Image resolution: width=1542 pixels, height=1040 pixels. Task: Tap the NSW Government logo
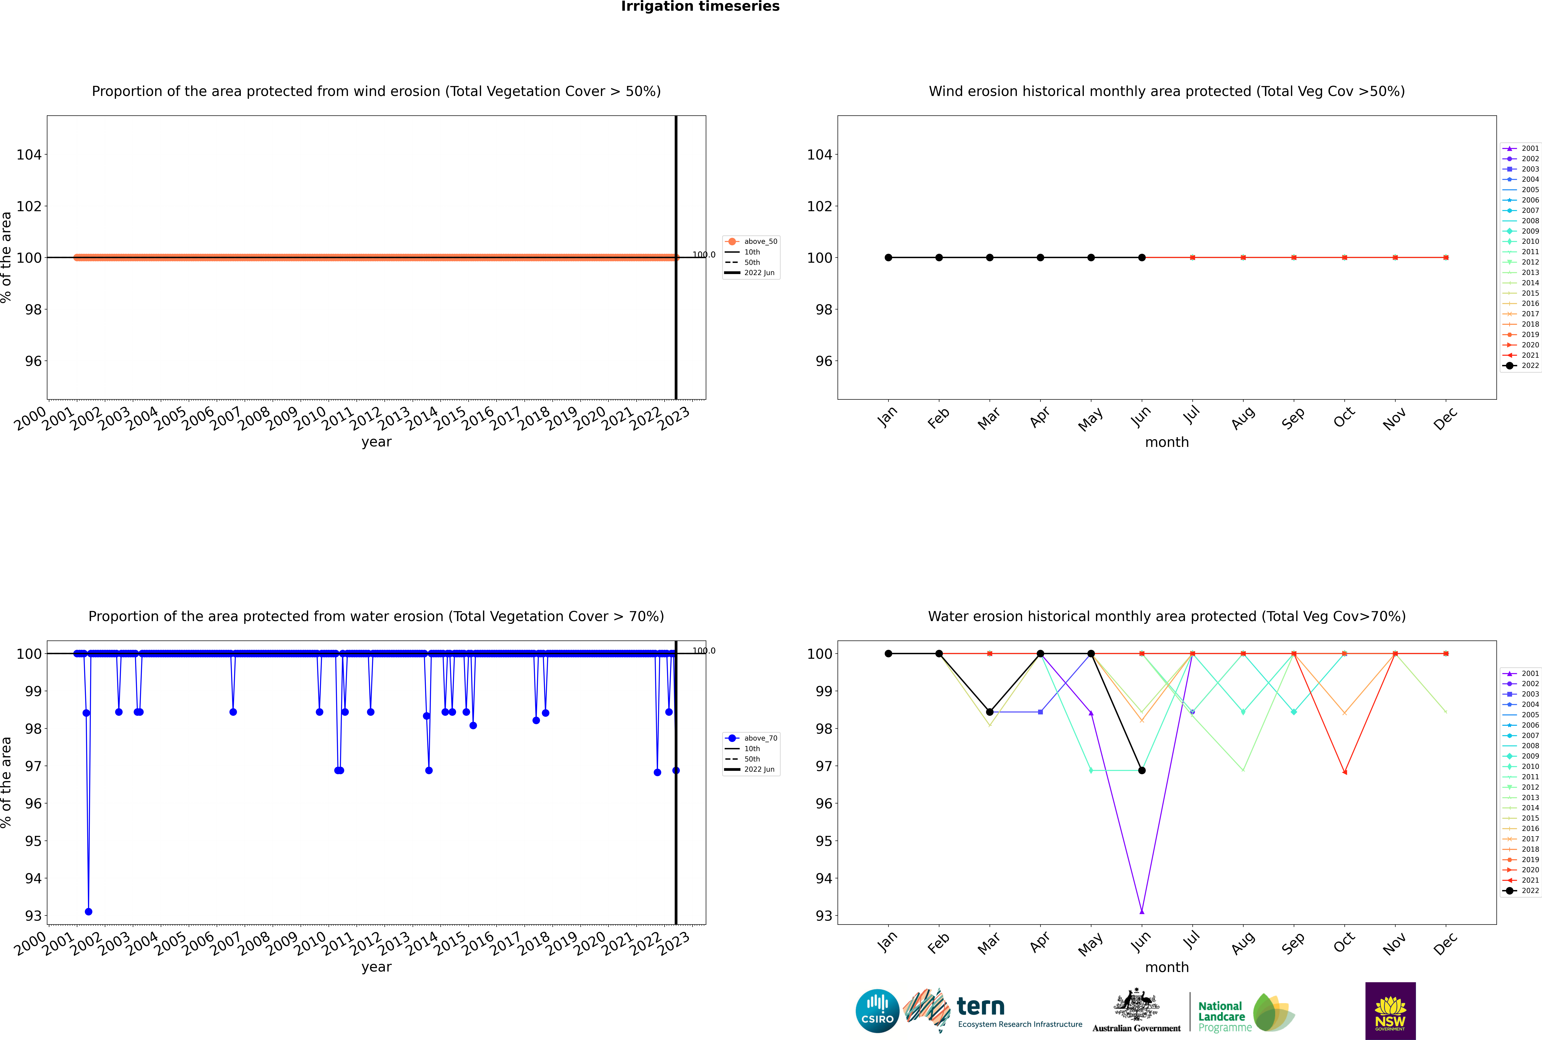pyautogui.click(x=1390, y=1010)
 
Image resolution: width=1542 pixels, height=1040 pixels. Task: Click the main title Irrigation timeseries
pyautogui.click(x=700, y=7)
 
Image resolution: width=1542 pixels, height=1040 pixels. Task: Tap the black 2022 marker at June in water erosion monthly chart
pyautogui.click(x=1142, y=770)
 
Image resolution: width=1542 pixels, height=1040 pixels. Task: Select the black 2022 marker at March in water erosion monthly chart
pyautogui.click(x=990, y=712)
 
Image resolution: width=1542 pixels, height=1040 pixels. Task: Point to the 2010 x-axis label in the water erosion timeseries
pyautogui.click(x=310, y=942)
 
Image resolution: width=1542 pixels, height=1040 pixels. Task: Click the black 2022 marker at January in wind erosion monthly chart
pyautogui.click(x=888, y=257)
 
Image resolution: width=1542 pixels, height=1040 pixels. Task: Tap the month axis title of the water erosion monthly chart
pyautogui.click(x=1167, y=967)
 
